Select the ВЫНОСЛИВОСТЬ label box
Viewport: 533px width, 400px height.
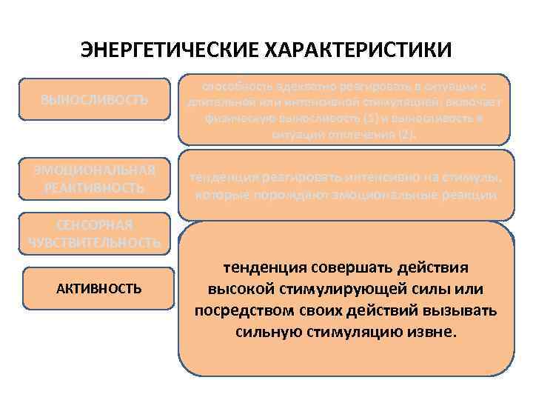pos(94,99)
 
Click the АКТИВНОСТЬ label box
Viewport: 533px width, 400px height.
pos(99,288)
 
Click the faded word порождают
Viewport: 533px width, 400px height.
pos(282,196)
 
